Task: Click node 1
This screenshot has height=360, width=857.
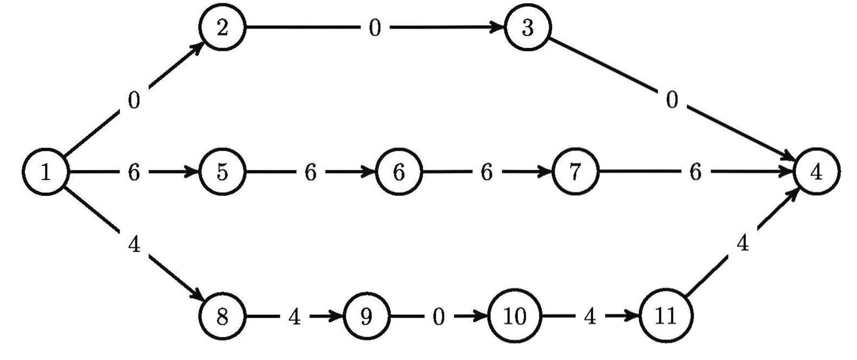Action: [46, 172]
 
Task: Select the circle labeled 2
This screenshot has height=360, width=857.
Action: [222, 28]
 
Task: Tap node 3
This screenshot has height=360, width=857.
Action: [528, 28]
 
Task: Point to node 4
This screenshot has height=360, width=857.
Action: [817, 172]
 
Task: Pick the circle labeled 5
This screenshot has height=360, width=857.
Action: [222, 172]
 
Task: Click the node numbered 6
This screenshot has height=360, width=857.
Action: [399, 172]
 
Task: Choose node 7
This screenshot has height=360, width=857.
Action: [576, 172]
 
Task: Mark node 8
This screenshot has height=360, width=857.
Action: [222, 316]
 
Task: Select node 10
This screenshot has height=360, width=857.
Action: [515, 316]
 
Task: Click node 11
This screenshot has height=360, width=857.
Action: [666, 316]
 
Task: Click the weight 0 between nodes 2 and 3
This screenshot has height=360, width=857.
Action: [375, 28]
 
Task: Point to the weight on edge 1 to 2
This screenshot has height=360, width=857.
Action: [134, 101]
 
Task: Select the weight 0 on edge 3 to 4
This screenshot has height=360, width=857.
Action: [672, 100]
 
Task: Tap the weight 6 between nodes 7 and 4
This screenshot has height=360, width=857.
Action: [695, 172]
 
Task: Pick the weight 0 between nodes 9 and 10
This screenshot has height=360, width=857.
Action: [439, 316]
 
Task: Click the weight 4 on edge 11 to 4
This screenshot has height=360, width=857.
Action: [743, 244]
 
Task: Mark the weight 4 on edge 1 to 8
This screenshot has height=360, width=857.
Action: [134, 245]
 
